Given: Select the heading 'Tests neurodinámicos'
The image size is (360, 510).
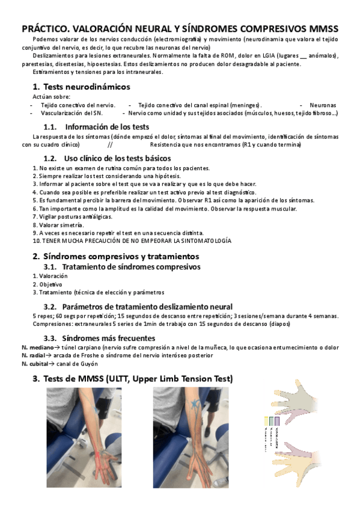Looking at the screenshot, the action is point(86,86).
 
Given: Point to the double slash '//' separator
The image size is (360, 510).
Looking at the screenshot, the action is point(110,145).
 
